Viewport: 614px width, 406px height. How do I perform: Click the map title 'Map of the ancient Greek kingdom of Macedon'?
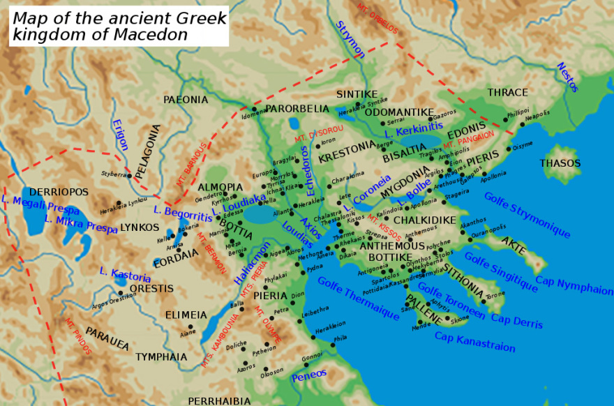coord(119,26)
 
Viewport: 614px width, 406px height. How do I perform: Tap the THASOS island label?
coord(560,163)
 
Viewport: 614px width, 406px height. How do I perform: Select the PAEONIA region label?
coord(186,100)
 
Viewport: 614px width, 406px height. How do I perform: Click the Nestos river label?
coord(567,77)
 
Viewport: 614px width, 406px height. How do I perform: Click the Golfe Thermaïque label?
coord(357,299)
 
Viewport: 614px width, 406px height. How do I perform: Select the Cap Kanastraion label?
coord(474,342)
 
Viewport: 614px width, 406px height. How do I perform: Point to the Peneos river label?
coord(308,375)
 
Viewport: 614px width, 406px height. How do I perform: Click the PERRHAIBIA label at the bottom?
coord(219,400)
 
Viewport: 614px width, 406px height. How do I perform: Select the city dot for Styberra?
coord(129,176)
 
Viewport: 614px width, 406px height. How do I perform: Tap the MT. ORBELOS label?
coord(377,19)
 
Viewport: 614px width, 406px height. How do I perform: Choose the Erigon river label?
coord(121,135)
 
